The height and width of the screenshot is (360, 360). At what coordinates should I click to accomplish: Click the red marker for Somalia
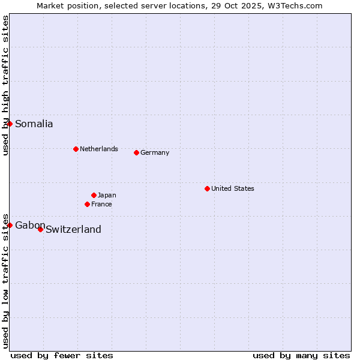point(10,124)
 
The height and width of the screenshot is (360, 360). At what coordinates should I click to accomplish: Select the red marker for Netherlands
point(76,149)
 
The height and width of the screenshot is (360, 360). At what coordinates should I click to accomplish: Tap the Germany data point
point(136,152)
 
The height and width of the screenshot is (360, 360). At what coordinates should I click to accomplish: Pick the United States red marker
point(207,188)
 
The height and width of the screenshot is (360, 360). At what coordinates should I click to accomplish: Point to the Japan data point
point(94,195)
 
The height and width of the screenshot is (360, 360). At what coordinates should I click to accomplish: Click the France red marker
point(87,204)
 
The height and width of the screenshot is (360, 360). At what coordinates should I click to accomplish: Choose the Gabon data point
point(10,225)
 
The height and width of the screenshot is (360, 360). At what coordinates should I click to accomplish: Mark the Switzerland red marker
point(40,229)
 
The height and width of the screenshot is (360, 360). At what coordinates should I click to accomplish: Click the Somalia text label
point(34,124)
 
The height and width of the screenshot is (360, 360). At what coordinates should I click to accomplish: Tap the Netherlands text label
point(98,149)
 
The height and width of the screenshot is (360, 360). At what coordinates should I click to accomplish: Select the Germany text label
point(155,152)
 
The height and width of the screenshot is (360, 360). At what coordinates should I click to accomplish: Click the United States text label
point(232,188)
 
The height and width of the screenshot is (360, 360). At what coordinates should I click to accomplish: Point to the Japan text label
point(107,195)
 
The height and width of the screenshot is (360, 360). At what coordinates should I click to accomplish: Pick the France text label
point(101,204)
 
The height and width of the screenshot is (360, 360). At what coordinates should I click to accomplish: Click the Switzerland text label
point(73,229)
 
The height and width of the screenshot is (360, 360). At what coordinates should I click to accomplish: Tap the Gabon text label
point(30,225)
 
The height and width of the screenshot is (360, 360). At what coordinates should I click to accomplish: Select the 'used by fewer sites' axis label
point(62,355)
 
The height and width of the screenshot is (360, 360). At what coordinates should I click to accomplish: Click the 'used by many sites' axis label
point(301,355)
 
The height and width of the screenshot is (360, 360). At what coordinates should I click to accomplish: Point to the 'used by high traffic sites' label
point(5,85)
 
